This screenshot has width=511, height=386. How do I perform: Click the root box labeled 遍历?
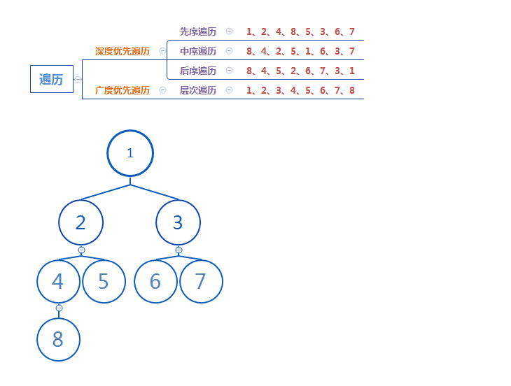51,79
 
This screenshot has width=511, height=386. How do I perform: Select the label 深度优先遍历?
122,51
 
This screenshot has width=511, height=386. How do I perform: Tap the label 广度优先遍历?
122,90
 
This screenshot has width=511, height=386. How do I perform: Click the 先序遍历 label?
197,31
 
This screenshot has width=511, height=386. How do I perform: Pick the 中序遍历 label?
197,51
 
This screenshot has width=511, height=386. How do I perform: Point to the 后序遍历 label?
197,71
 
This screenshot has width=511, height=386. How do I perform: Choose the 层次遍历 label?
197,90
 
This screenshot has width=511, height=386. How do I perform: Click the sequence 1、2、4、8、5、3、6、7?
300,31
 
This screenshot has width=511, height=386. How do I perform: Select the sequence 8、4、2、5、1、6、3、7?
300,51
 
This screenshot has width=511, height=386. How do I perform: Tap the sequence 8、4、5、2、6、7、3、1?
300,71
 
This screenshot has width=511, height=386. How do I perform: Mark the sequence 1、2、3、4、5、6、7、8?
300,90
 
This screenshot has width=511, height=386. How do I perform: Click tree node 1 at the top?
130,153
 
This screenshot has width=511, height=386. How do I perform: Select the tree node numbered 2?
80,222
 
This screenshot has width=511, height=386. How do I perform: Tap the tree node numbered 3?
178,222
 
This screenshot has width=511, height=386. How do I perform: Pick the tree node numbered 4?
58,281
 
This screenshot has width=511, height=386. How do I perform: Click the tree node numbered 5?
104,281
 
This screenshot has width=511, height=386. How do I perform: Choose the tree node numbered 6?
155,281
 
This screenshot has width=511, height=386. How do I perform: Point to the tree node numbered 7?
201,281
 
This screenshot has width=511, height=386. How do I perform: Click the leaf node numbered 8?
58,340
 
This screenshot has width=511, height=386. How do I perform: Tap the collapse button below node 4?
59,308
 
